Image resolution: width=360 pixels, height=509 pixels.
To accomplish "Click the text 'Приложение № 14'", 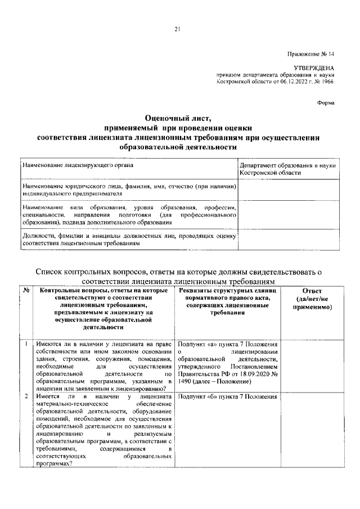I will point(312,55).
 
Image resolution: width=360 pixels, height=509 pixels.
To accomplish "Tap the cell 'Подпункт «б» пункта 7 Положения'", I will point(227,397).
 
